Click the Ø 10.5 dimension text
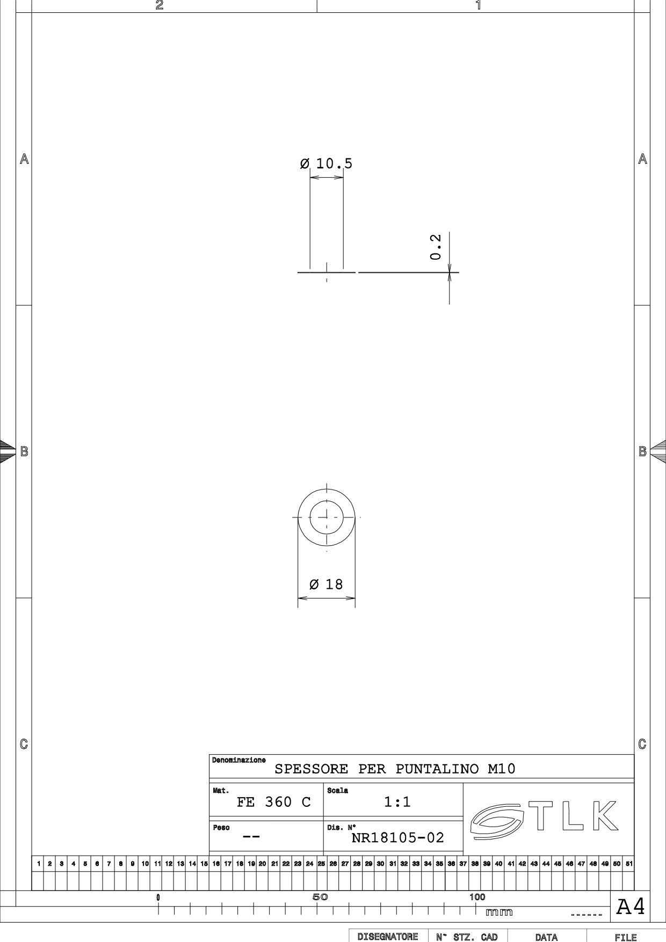[x=326, y=164]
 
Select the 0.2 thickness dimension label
[x=436, y=247]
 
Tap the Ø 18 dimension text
[x=326, y=585]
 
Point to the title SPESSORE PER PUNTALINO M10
[x=395, y=769]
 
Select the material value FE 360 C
[x=274, y=802]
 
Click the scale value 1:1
[x=397, y=802]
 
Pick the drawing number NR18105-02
[x=398, y=838]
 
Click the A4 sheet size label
[x=631, y=907]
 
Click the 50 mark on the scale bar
[x=320, y=897]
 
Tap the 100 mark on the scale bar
[x=477, y=897]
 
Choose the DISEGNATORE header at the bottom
[x=388, y=937]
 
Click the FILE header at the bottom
[x=626, y=938]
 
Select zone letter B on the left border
[x=24, y=451]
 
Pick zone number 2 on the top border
[x=159, y=5]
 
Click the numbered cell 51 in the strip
[x=628, y=864]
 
